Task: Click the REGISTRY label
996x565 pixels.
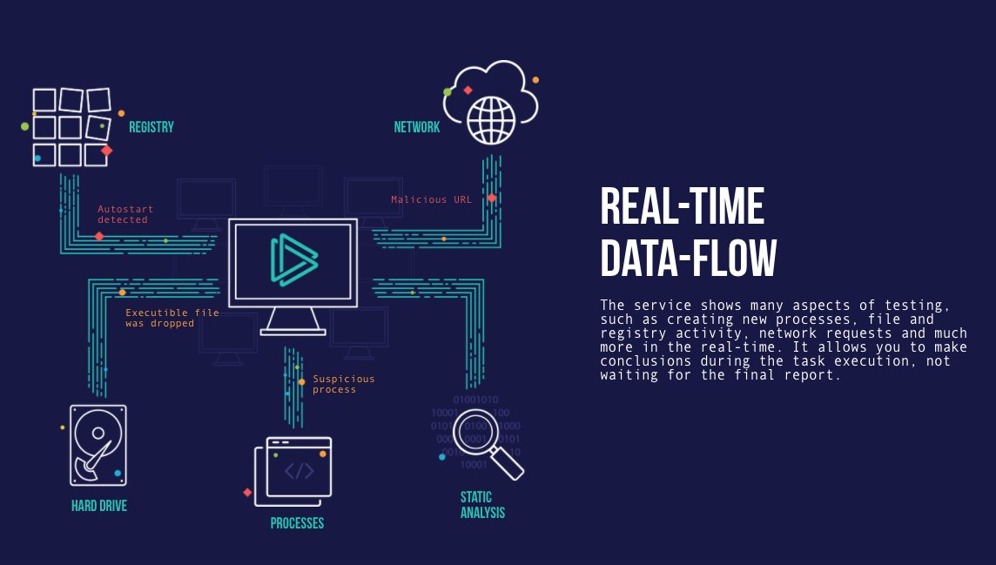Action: [x=151, y=127]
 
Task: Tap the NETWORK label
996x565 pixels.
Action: [x=417, y=127]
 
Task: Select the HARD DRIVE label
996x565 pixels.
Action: [x=99, y=506]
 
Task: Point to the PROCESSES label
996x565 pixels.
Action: [x=297, y=523]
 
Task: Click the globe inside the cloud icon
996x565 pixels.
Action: [x=491, y=120]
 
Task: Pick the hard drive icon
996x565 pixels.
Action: [x=98, y=445]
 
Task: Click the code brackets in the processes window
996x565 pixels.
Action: [x=299, y=472]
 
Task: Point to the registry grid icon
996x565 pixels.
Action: [x=71, y=127]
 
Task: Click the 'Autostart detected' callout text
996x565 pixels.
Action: [x=123, y=215]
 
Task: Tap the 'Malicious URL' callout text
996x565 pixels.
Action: [x=431, y=199]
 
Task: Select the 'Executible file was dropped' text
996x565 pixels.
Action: [x=172, y=318]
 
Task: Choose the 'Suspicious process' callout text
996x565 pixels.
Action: [x=344, y=384]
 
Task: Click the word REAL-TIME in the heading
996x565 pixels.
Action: [x=682, y=207]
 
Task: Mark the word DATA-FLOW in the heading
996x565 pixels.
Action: [x=688, y=259]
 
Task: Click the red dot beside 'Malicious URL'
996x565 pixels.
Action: [x=492, y=198]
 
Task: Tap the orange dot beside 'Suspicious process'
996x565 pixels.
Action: [x=302, y=381]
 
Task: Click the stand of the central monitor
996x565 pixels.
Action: [x=293, y=321]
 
